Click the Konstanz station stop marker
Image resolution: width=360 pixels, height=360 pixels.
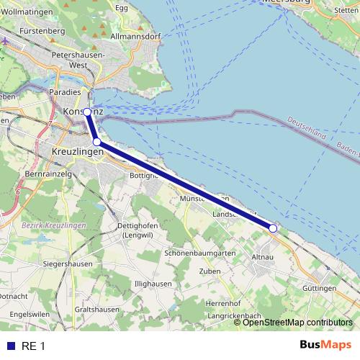[x=87, y=112]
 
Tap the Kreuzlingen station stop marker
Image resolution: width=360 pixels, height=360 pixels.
[x=96, y=143]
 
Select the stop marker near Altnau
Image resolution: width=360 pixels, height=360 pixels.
[x=273, y=228]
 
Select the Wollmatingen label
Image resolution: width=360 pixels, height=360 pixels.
[x=30, y=12]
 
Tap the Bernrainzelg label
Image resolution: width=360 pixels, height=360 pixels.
[x=50, y=174]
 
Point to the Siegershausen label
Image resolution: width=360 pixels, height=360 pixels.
[x=45, y=264]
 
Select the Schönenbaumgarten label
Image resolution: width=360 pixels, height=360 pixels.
[x=200, y=253]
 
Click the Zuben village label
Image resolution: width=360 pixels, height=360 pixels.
[x=210, y=271]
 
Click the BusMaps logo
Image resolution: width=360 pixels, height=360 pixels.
[x=325, y=346]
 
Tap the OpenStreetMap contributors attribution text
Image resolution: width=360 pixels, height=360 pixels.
[x=297, y=323]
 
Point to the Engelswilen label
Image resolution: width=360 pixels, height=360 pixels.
[x=30, y=314]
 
